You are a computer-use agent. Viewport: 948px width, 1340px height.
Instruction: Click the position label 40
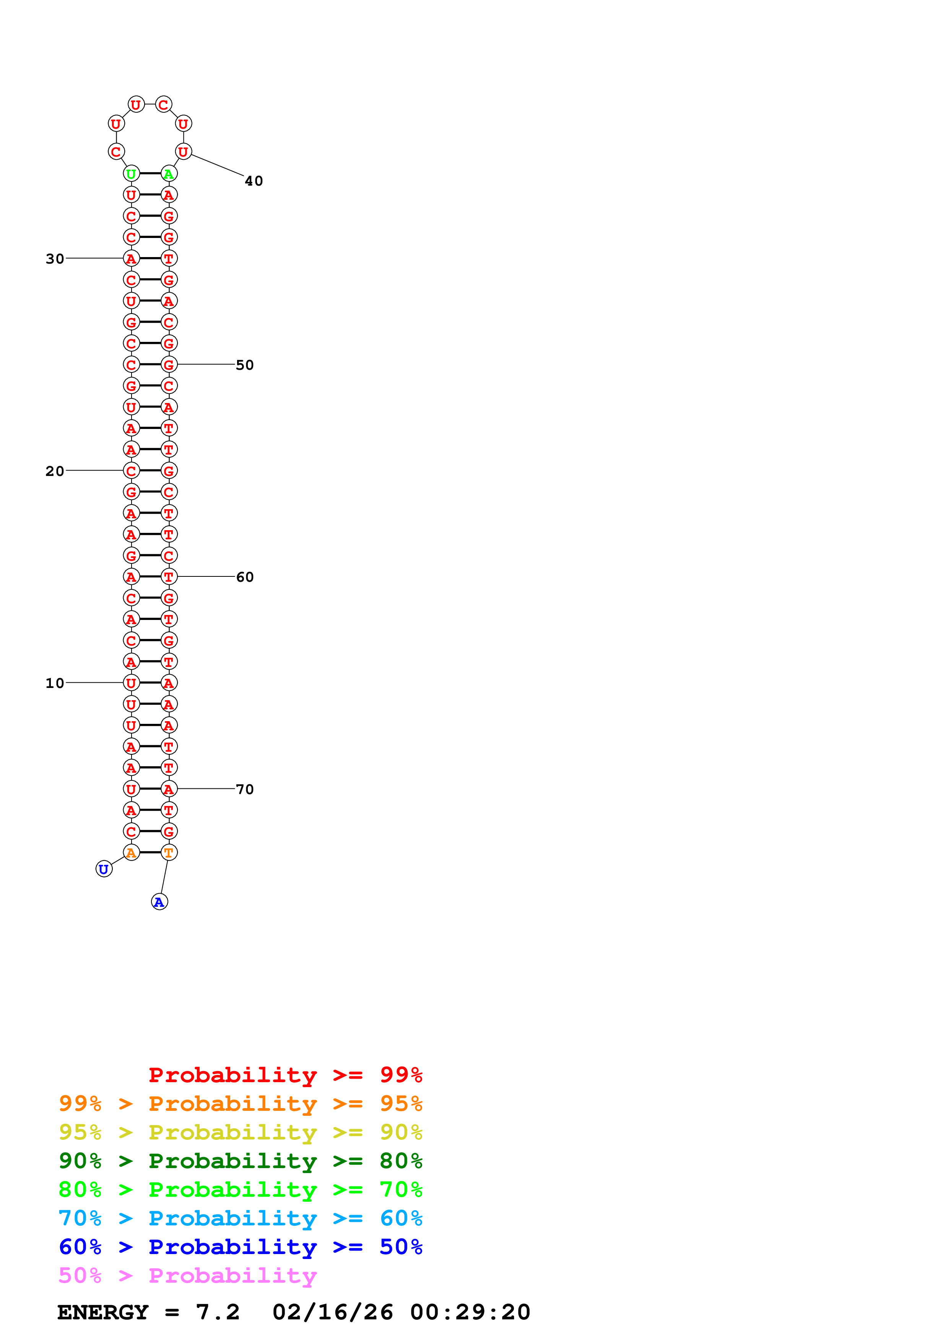[x=254, y=181]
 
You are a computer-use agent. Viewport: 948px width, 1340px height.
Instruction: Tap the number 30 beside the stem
[x=55, y=259]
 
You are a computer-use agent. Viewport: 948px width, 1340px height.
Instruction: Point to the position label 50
[x=245, y=365]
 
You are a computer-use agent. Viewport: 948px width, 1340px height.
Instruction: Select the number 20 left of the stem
[x=55, y=471]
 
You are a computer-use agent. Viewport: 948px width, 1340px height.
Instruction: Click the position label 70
[x=245, y=789]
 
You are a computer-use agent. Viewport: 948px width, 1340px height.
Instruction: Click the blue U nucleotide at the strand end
[x=104, y=869]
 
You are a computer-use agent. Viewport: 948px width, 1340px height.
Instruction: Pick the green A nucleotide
[x=169, y=173]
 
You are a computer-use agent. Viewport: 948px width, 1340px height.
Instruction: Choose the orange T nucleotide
[x=169, y=853]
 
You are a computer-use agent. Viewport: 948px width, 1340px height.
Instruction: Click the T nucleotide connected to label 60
[x=169, y=577]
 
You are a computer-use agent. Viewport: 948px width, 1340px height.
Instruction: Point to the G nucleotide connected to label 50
[x=169, y=365]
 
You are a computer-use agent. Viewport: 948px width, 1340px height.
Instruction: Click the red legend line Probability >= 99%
[x=286, y=1075]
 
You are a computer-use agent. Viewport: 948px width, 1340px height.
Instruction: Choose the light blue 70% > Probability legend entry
[x=241, y=1218]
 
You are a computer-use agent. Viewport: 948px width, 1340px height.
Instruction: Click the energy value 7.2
[x=218, y=1312]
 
